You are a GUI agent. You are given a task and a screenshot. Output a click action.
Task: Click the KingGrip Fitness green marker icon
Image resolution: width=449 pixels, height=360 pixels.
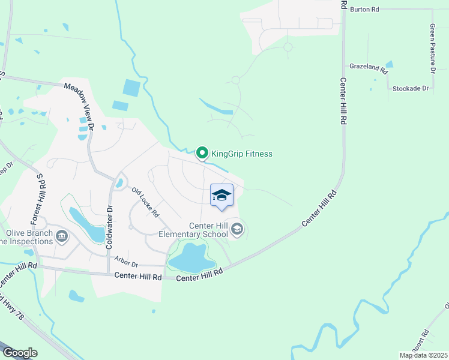pyautogui.click(x=202, y=154)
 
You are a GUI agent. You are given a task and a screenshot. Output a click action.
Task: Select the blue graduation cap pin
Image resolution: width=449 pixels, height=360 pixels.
pyautogui.click(x=221, y=196)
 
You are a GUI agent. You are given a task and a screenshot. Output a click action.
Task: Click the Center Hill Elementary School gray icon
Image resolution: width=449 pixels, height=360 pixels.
pyautogui.click(x=237, y=229)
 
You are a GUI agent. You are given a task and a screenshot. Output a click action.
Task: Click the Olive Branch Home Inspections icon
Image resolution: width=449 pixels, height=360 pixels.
pyautogui.click(x=61, y=236)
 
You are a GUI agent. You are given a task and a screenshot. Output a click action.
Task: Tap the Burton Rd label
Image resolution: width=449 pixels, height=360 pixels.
pyautogui.click(x=365, y=10)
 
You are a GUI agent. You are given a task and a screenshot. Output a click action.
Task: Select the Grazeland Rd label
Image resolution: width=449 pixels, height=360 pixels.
pyautogui.click(x=369, y=68)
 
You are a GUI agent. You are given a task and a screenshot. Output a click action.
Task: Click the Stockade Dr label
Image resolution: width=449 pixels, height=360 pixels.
pyautogui.click(x=411, y=88)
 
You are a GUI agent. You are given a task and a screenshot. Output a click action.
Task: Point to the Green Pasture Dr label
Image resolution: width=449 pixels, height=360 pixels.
pyautogui.click(x=432, y=49)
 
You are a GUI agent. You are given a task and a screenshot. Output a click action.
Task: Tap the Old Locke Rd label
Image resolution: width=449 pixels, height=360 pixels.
pyautogui.click(x=146, y=202)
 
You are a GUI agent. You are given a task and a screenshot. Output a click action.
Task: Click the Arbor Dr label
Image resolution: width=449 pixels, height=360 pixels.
pyautogui.click(x=127, y=264)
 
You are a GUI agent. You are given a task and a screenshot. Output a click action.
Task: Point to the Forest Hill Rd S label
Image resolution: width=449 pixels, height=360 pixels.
pyautogui.click(x=40, y=198)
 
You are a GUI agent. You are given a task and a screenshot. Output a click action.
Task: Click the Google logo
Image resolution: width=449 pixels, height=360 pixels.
pyautogui.click(x=20, y=352)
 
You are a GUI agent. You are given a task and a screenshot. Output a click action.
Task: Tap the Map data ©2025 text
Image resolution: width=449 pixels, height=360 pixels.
pyautogui.click(x=423, y=355)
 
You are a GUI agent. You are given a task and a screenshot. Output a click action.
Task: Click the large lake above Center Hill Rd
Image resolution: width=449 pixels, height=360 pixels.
pyautogui.click(x=191, y=258)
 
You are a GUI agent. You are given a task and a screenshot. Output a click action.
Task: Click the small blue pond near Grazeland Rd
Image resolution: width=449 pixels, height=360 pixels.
pyautogui.click(x=390, y=64)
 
